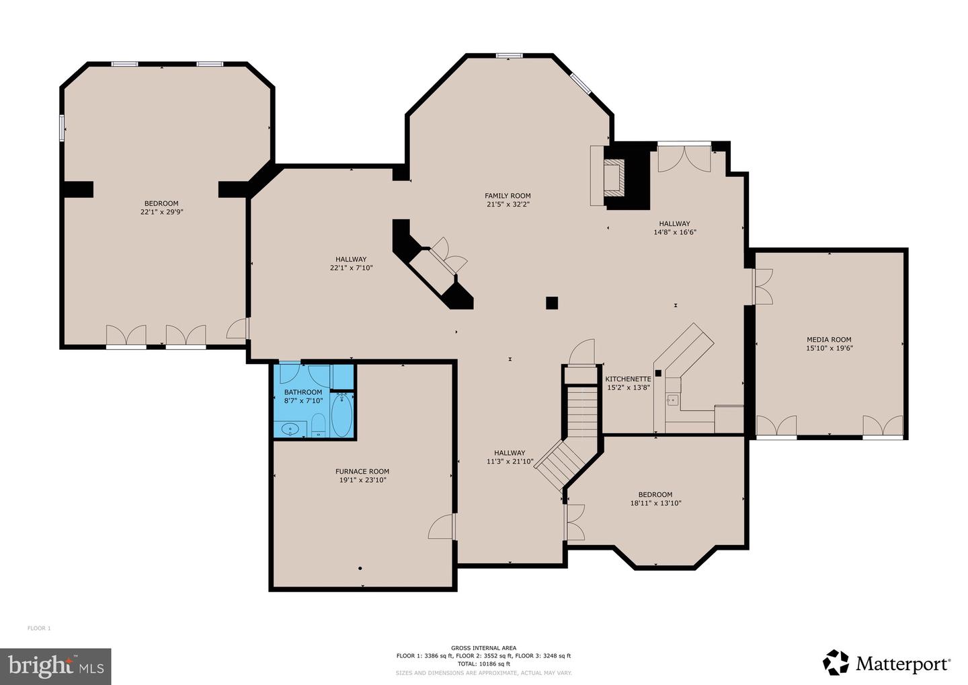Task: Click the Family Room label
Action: tap(508, 196)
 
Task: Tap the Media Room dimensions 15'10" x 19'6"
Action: tap(829, 349)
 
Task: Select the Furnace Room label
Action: tap(362, 472)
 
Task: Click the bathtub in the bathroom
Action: tap(341, 416)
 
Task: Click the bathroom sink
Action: tap(290, 428)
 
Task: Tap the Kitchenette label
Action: tap(628, 379)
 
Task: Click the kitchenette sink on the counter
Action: tap(672, 400)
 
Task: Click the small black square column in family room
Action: tap(552, 303)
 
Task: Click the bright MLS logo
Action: tap(56, 666)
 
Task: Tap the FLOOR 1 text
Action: tap(39, 628)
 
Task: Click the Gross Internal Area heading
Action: tap(483, 648)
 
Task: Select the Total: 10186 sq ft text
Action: tap(483, 664)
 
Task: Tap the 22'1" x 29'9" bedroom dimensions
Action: tap(161, 212)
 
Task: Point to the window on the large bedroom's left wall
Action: tap(62, 128)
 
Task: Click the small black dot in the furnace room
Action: tap(360, 569)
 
